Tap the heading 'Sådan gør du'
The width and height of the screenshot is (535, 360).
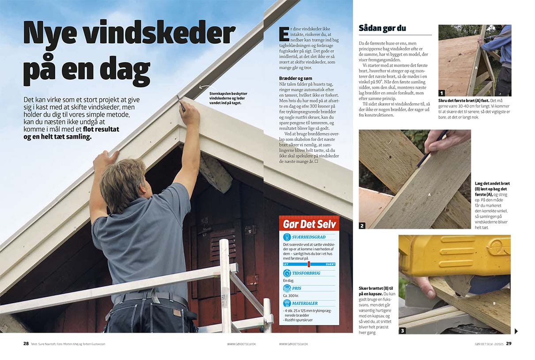click(382, 28)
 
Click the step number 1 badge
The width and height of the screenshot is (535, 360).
click(441, 93)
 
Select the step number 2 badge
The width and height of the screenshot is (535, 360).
click(362, 226)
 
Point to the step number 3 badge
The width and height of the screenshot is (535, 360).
click(402, 330)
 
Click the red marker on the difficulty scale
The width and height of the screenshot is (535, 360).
click(309, 264)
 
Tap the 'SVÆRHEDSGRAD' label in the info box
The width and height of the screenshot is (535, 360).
click(308, 237)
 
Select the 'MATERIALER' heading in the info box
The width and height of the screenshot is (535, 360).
click(304, 303)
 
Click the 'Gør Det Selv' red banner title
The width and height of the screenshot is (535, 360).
click(309, 224)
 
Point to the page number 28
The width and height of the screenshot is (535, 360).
click(26, 344)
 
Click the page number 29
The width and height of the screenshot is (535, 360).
click(508, 344)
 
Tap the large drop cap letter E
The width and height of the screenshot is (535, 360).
click(284, 34)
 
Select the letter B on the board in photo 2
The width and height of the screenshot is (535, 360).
click(390, 157)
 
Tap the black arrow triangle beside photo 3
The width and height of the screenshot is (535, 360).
click(516, 331)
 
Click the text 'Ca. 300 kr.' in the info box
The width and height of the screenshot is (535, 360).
click(292, 296)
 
